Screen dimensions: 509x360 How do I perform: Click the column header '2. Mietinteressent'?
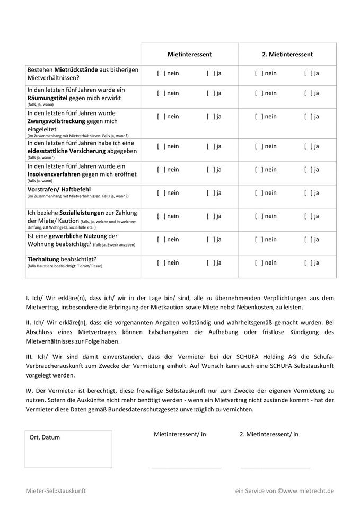(x=287, y=54)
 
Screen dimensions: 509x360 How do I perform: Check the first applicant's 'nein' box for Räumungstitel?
(x=161, y=93)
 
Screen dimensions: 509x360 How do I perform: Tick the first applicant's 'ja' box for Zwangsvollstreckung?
(x=210, y=117)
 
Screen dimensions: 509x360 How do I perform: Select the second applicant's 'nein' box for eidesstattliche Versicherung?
(x=258, y=146)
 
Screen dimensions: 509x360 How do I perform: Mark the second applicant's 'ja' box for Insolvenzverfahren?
(x=308, y=170)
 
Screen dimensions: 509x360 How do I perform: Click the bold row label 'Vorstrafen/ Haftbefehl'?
(x=59, y=189)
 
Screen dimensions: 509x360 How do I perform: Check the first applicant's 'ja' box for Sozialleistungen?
(x=210, y=216)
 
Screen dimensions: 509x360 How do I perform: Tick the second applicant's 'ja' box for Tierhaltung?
(x=308, y=263)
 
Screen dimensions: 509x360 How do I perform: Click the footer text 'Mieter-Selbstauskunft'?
(x=56, y=492)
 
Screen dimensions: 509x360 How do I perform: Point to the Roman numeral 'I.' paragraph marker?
(x=27, y=299)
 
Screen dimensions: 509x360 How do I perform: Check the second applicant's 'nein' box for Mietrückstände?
(x=258, y=73)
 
